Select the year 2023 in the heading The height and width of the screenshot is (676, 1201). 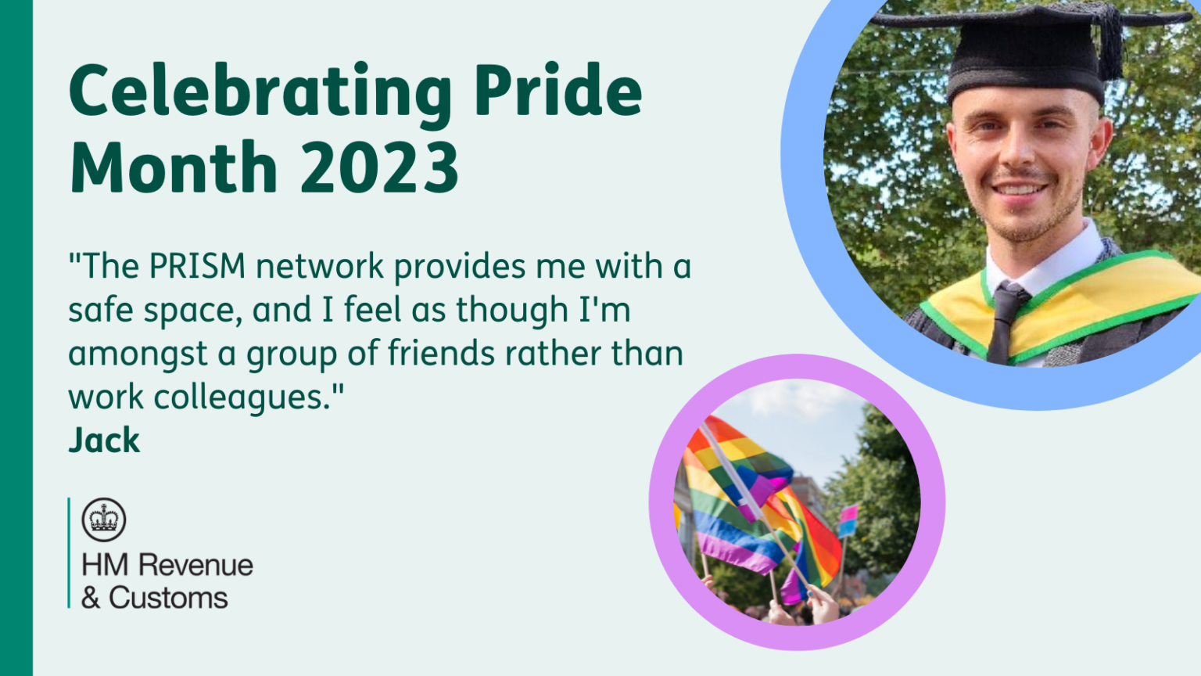379,167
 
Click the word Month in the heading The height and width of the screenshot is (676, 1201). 173,167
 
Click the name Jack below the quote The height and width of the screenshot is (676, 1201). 104,440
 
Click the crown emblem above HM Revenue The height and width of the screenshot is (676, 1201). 104,520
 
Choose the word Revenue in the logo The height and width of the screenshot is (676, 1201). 195,566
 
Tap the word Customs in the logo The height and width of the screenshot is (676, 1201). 168,599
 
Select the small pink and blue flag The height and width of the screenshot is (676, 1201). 848,520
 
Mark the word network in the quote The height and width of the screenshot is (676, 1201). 320,265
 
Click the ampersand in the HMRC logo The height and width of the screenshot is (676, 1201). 91,599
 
